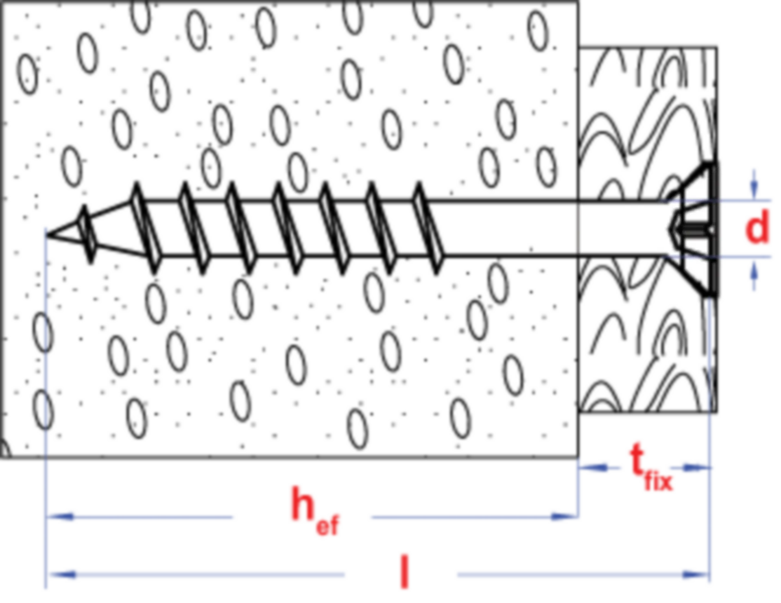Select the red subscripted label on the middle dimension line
pos(315,511)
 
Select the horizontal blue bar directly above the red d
pos(750,200)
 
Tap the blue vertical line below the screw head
pos(710,366)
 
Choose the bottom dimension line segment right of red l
pos(569,575)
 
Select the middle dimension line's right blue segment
pos(460,517)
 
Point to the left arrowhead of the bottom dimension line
pos(71,575)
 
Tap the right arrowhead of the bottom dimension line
pos(687,575)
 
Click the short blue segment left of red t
pos(598,467)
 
